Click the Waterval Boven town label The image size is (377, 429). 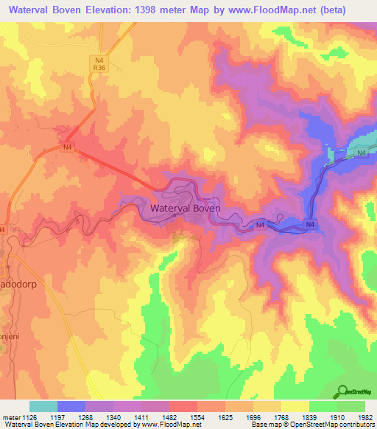185,209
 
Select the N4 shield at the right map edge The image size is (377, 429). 360,153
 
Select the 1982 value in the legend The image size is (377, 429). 365,417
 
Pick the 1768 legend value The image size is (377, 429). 282,417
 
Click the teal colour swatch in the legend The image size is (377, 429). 43,406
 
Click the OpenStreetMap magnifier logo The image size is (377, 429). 342,392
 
